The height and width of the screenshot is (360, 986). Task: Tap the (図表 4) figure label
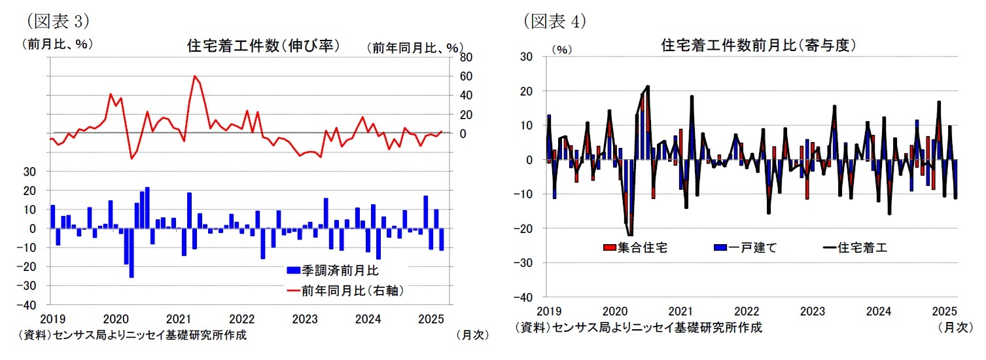click(554, 21)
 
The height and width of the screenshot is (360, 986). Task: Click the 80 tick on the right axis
click(465, 57)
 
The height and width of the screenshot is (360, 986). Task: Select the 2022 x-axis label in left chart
click(241, 319)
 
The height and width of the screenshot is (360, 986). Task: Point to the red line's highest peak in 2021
click(195, 77)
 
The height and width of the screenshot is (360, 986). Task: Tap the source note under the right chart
click(638, 327)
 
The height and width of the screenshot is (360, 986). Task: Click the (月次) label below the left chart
click(472, 334)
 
